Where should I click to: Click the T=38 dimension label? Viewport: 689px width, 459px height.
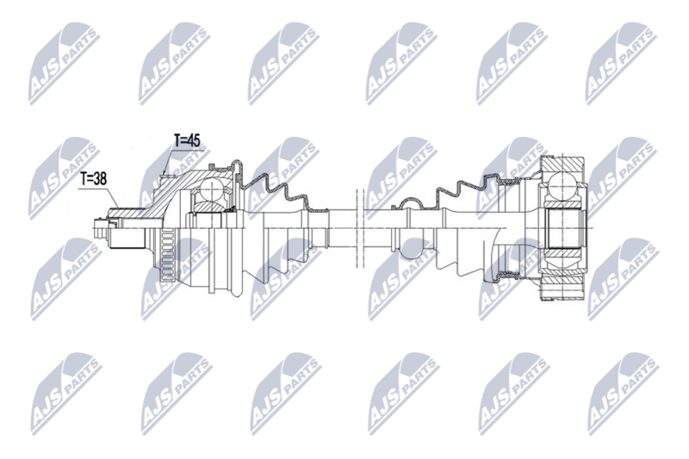(96, 179)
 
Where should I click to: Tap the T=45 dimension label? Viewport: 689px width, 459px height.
(188, 140)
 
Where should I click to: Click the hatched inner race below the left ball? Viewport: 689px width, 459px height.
(208, 207)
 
